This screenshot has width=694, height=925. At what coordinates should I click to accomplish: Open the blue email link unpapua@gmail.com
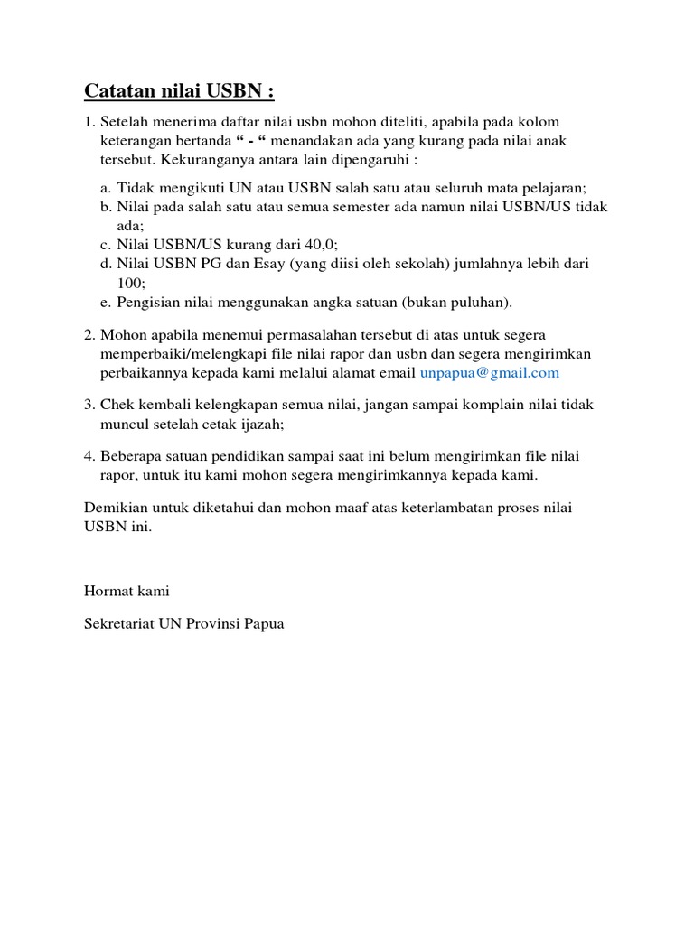point(490,372)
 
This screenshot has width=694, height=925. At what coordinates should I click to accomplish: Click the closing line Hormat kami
point(127,591)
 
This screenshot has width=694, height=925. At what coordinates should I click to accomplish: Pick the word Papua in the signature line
point(264,623)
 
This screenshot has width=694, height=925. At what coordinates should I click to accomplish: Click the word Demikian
point(115,508)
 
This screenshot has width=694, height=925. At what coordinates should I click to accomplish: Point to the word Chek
point(118,405)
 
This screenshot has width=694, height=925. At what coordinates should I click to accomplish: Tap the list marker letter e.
point(105,302)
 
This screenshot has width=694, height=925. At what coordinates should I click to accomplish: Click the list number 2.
point(89,335)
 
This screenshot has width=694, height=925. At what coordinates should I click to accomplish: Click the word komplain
point(462,405)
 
